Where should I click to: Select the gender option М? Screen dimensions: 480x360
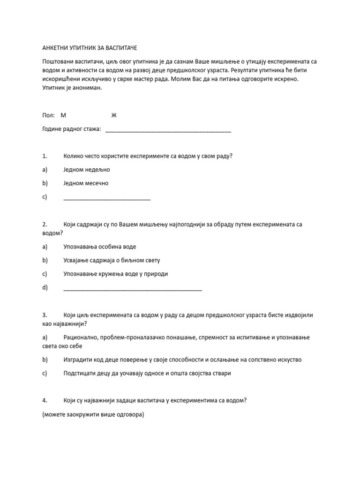point(64,115)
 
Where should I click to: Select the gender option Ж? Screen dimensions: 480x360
point(113,115)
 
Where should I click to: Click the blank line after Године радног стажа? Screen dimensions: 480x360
point(168,130)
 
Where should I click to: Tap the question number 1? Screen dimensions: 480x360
point(45,156)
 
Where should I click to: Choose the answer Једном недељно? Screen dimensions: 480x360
point(86,170)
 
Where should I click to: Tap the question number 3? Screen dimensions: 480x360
point(45,315)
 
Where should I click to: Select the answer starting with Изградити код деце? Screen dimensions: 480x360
point(182,360)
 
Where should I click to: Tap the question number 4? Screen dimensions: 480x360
point(45,400)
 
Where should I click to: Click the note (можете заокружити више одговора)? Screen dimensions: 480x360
point(92,414)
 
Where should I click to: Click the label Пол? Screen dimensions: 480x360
point(48,115)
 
